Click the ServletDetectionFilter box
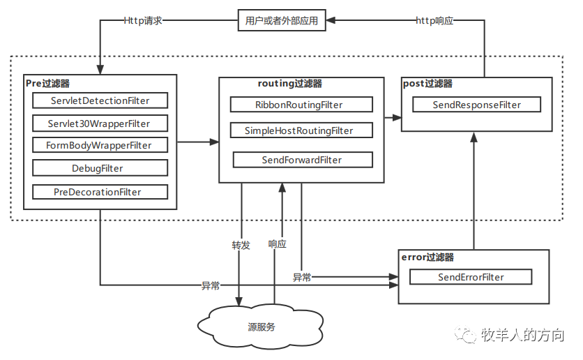(100, 100)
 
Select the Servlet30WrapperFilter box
(100, 123)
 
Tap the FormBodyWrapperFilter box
(100, 145)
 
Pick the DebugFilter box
(100, 168)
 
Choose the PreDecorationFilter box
(100, 192)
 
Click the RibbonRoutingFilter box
(301, 105)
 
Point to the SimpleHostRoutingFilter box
(301, 130)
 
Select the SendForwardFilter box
(303, 160)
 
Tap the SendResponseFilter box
(477, 105)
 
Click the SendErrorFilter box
(471, 277)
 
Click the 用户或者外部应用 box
(282, 20)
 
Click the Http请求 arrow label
(143, 20)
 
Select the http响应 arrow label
(434, 20)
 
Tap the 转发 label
(241, 246)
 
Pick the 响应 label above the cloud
(278, 244)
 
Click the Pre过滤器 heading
(47, 83)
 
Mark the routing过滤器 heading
(290, 84)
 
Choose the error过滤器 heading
(427, 257)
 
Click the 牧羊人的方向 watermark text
(522, 335)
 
